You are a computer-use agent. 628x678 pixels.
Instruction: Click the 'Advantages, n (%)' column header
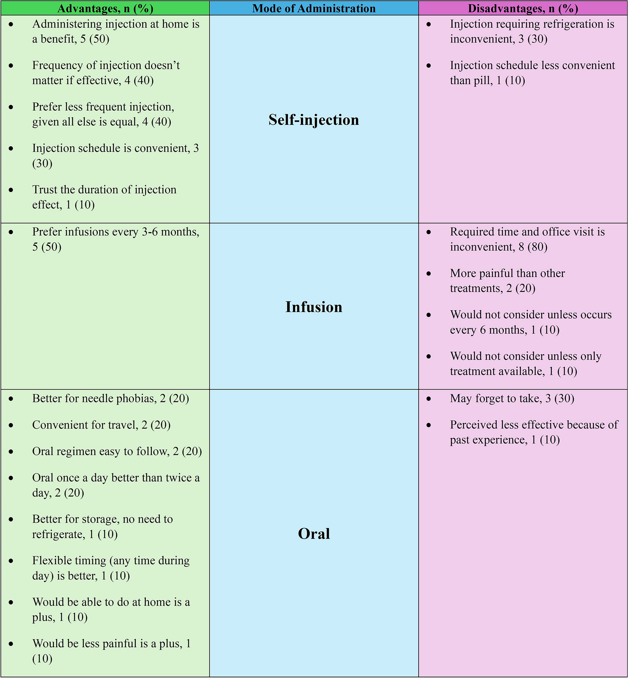coord(105,8)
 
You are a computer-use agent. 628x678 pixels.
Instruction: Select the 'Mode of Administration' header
coord(314,8)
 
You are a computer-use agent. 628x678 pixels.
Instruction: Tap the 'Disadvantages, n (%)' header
coord(523,8)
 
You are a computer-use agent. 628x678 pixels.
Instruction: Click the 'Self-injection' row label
coord(314,120)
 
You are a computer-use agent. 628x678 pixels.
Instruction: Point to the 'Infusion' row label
coord(314,307)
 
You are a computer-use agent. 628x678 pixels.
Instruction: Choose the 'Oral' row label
coord(314,534)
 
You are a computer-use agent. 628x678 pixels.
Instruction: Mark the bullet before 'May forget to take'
coord(429,399)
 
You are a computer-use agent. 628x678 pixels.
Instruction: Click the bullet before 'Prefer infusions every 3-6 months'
coord(11,232)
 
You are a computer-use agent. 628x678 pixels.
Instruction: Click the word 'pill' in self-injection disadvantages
coord(485,81)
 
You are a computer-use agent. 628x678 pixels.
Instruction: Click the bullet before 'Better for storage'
coord(11,519)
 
